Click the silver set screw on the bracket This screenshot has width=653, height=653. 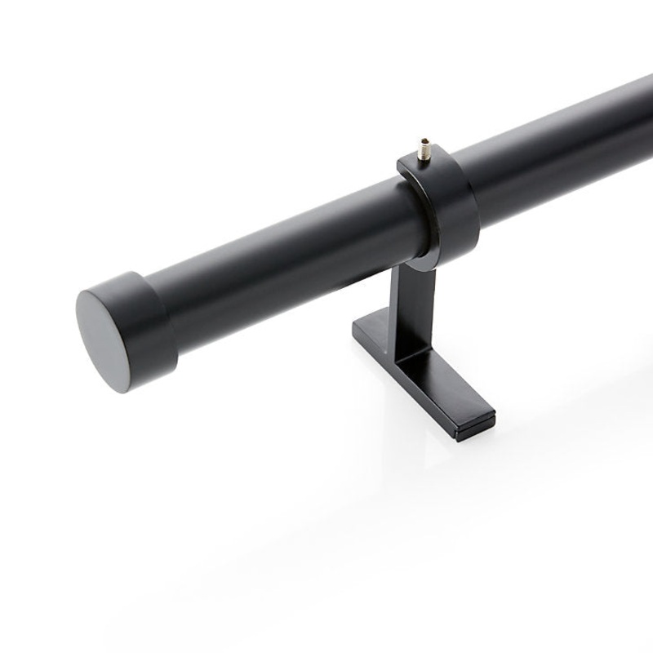point(424,150)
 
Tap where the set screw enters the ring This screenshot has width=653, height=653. point(424,159)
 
